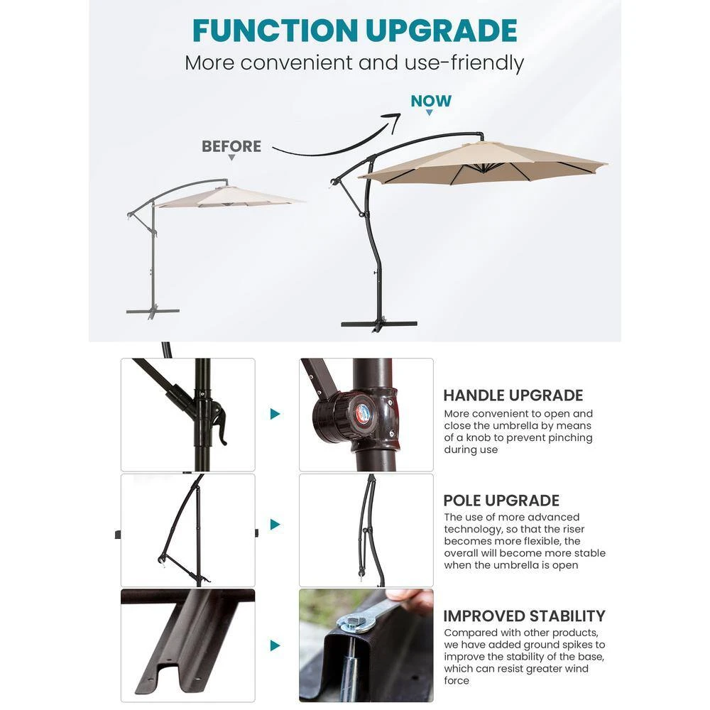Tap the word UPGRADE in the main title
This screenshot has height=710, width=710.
click(441, 31)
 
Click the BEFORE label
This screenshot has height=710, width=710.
click(231, 146)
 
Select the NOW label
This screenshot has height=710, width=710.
click(431, 101)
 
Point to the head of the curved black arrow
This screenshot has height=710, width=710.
click(394, 119)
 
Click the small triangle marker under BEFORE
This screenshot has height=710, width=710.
click(231, 158)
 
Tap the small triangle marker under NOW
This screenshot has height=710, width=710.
click(430, 112)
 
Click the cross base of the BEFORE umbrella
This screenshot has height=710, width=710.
click(153, 312)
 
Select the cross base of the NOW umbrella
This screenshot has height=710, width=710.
click(379, 324)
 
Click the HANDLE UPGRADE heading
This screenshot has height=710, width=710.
click(513, 395)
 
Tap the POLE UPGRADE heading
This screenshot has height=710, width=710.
click(501, 501)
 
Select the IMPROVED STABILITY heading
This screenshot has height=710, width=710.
click(525, 616)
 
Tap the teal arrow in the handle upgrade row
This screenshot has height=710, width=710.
click(275, 414)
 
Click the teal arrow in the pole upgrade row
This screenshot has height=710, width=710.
click(275, 525)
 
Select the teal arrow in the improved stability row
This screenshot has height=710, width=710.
click(275, 645)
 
